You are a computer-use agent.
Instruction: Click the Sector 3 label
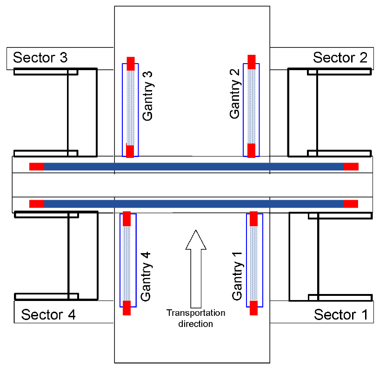point(40,58)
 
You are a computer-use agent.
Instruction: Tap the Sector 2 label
point(340,58)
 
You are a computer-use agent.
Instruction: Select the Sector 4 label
point(48,314)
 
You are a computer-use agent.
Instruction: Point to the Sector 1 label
point(341,314)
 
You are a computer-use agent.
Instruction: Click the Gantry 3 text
point(148,96)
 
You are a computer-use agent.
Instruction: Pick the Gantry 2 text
point(234,94)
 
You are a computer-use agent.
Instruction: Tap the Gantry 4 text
point(146,276)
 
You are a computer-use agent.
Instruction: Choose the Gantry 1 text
point(237,276)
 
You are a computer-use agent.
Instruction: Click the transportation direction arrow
point(196,269)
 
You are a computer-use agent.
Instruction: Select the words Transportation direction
point(196,318)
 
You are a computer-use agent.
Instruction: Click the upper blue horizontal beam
point(194,167)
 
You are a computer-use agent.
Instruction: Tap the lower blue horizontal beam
point(194,204)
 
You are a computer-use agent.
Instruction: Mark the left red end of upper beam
point(37,167)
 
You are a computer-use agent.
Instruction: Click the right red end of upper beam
point(351,167)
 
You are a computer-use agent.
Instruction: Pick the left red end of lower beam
point(37,204)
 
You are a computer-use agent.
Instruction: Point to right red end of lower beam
point(351,204)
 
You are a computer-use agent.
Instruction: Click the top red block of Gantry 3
point(131,64)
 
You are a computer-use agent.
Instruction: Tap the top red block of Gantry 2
point(252,62)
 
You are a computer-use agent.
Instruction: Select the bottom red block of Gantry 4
point(127,308)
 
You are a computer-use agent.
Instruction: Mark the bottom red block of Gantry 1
point(253,308)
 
